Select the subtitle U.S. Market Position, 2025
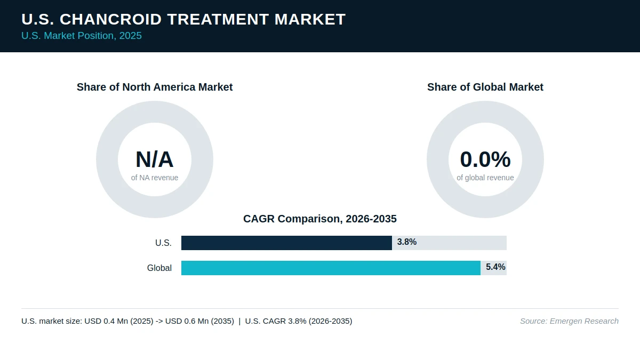click(82, 36)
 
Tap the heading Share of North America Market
click(155, 87)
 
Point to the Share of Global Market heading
click(485, 87)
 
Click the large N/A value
click(155, 159)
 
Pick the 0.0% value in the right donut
click(485, 159)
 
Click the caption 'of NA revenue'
click(155, 178)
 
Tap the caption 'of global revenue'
click(485, 178)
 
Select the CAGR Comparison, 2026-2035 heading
click(320, 219)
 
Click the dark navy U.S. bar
click(286, 243)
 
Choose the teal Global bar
click(331, 268)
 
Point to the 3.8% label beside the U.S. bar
click(407, 242)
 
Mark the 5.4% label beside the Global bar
click(495, 267)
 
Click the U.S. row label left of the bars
click(163, 243)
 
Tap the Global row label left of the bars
click(159, 268)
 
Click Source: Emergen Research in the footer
click(569, 321)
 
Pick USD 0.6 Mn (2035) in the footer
click(199, 321)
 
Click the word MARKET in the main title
click(310, 19)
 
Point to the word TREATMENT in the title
click(218, 19)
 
